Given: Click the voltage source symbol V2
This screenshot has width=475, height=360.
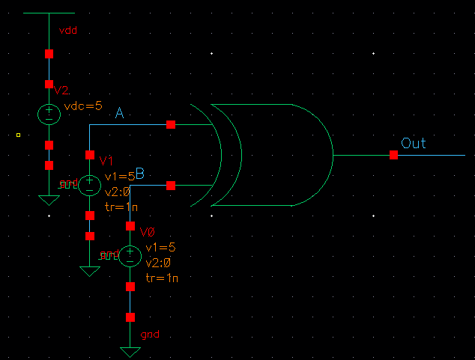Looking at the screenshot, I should point(49,114).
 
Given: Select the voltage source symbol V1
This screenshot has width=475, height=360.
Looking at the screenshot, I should point(90,184).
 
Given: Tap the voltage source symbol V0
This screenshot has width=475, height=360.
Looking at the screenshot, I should point(130,257).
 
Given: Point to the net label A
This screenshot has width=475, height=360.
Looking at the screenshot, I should point(119,114).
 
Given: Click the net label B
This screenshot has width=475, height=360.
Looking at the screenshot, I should point(139,174).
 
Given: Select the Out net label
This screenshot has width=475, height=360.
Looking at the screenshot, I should point(414,143).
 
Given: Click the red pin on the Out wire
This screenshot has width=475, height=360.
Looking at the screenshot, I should point(393,155).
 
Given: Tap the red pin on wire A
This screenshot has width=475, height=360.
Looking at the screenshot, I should point(171,124).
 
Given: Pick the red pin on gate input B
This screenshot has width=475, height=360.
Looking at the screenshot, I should point(171,185).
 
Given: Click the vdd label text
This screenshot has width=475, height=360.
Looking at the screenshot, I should point(68,31).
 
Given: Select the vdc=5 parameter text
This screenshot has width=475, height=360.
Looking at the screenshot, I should point(83,106).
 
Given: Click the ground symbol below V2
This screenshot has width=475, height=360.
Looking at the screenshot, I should point(49,200).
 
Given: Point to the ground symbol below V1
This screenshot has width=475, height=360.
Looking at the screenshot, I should point(90,271).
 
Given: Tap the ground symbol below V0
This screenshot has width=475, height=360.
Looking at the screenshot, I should point(130,351).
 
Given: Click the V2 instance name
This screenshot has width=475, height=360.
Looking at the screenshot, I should point(61,91).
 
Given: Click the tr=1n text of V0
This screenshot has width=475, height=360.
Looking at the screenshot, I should point(162,278).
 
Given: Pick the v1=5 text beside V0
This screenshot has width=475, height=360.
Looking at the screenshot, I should point(161,248).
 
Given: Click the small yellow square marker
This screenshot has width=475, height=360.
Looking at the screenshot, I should point(17,135).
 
